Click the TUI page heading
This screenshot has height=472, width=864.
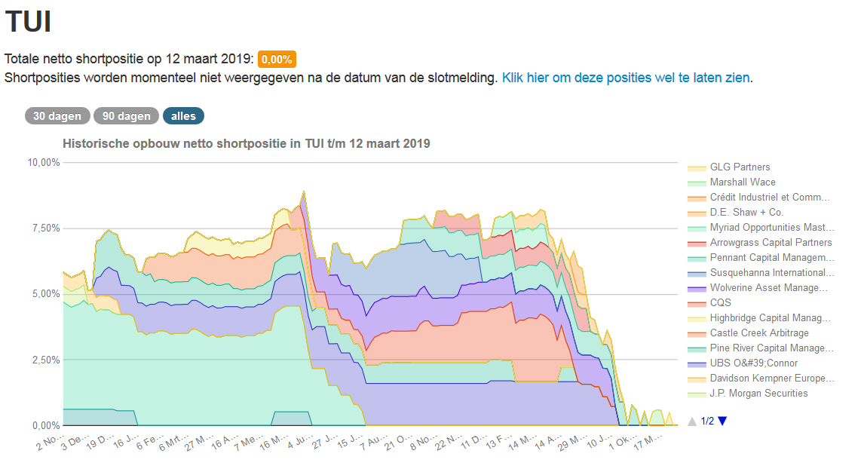[x=28, y=21]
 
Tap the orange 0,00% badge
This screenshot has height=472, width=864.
[x=277, y=60]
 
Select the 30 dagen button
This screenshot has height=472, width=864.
[x=57, y=116]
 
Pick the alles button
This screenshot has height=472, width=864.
[x=183, y=116]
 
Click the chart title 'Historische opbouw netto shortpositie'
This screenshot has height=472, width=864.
[x=246, y=143]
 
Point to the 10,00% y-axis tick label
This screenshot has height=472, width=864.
[x=43, y=162]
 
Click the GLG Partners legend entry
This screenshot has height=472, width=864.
[x=740, y=167]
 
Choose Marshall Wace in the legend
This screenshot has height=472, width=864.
[x=742, y=182]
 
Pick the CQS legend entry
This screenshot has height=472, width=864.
[x=720, y=302]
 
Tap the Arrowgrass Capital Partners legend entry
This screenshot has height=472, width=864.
[x=771, y=242]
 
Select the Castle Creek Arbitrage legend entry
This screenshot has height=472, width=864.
[x=758, y=333]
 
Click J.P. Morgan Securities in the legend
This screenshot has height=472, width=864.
[x=758, y=393]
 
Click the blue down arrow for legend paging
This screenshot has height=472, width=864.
[x=722, y=421]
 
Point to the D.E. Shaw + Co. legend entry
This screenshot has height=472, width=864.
[x=746, y=212]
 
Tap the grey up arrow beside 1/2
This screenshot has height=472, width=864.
[x=692, y=421]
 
